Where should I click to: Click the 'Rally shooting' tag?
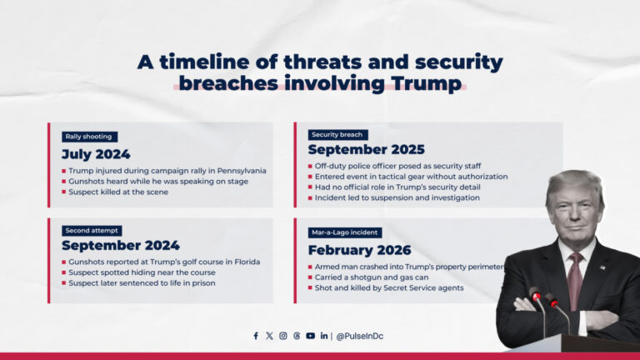pyautogui.click(x=90, y=137)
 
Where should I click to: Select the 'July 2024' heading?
pyautogui.click(x=96, y=154)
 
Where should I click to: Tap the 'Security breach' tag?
pyautogui.click(x=337, y=135)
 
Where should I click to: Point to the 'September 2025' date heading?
pyautogui.click(x=360, y=150)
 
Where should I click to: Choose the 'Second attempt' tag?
pyautogui.click(x=92, y=230)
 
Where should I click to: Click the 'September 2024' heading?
pyautogui.click(x=120, y=246)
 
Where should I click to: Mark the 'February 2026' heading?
pyautogui.click(x=359, y=250)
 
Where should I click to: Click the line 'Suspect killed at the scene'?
pyautogui.click(x=119, y=192)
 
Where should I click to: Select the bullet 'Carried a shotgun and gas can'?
pyautogui.click(x=373, y=277)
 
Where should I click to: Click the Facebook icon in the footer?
pyautogui.click(x=256, y=336)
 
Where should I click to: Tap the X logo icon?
pyautogui.click(x=269, y=336)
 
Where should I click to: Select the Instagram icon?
pyautogui.click(x=283, y=336)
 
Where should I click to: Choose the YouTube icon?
pyautogui.click(x=310, y=336)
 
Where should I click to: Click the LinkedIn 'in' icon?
pyautogui.click(x=323, y=336)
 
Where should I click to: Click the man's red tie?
pyautogui.click(x=575, y=279)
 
